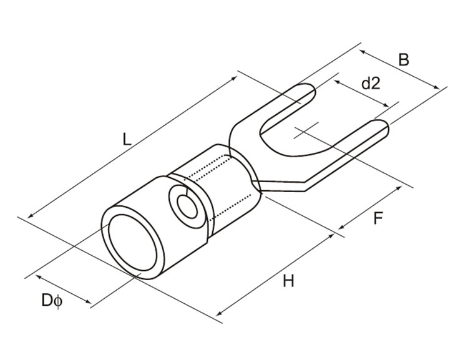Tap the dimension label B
[404, 60]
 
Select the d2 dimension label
[371, 83]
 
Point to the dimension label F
[378, 218]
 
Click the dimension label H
[288, 281]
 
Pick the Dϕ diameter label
[52, 301]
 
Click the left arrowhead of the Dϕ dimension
[37, 277]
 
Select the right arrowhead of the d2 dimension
[389, 105]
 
